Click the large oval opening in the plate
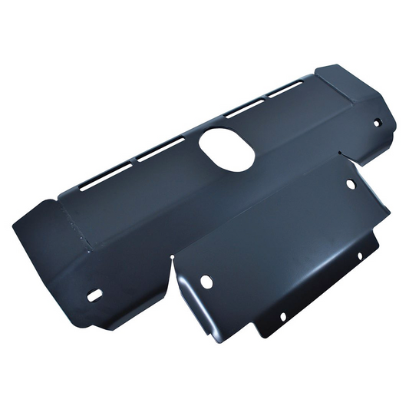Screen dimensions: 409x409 tap(227, 148)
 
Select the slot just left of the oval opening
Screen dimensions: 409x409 tap(161, 149)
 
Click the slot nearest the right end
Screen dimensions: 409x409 tap(285, 89)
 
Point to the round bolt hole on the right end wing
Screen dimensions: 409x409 tap(377, 122)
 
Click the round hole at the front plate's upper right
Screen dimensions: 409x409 tap(351, 184)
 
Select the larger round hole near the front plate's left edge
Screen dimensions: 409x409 tap(206, 282)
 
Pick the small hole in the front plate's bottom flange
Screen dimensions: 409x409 tap(282, 316)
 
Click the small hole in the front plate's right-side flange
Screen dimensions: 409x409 tap(358, 256)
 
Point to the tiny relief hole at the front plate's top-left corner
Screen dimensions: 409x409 tap(173, 256)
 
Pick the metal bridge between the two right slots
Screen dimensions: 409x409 tap(265, 98)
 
